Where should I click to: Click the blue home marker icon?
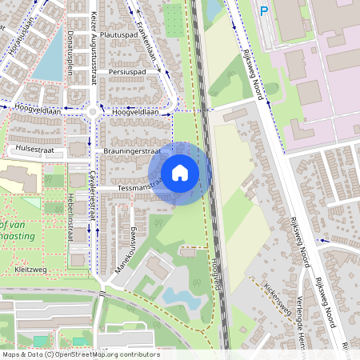180,173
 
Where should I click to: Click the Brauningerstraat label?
133,150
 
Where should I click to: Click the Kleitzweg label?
31,270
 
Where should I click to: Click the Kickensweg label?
275,298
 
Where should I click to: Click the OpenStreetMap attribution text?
80,354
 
